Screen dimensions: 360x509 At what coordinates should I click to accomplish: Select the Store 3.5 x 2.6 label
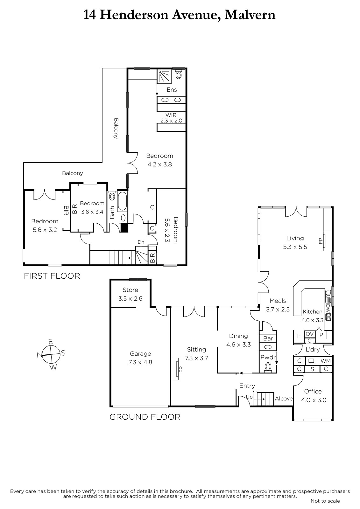tap(130, 294)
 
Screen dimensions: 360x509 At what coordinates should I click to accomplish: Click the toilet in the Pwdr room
tap(268, 366)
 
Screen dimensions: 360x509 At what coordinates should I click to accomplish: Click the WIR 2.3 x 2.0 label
tap(171, 118)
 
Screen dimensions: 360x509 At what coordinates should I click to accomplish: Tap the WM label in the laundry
tap(325, 361)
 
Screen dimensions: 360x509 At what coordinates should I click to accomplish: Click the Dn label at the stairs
tap(141, 242)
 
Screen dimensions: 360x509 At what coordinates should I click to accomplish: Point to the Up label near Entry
tap(249, 397)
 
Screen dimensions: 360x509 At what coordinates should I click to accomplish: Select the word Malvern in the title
tap(250, 15)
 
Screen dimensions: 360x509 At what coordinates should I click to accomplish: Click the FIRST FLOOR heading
tap(52, 276)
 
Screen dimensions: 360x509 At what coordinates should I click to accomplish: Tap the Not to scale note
tap(325, 501)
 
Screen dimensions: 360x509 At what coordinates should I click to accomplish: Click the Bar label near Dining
tap(268, 338)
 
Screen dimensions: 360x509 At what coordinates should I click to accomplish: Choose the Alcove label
tap(284, 399)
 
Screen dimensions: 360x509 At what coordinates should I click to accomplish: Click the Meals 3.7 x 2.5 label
tap(278, 305)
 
